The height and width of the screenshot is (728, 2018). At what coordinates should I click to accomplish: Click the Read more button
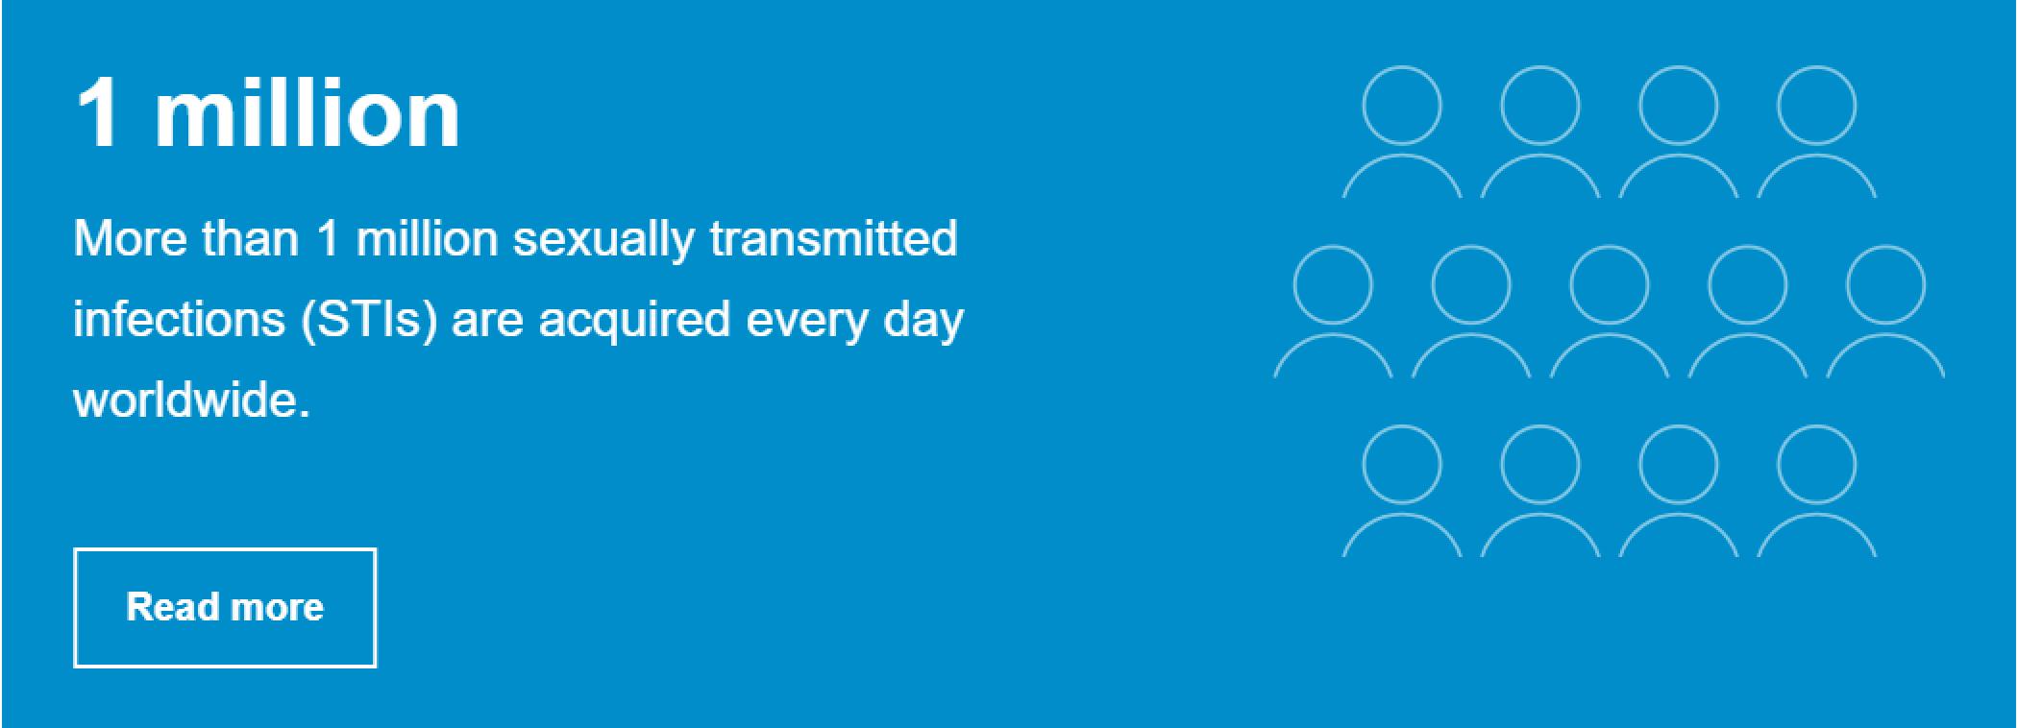click(x=225, y=607)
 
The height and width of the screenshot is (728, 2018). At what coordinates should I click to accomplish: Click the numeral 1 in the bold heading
click(x=101, y=112)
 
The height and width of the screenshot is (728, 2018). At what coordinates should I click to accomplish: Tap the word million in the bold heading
click(x=308, y=112)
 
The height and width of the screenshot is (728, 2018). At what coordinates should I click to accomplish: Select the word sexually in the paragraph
click(x=603, y=239)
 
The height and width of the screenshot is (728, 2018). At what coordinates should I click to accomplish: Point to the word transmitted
click(x=833, y=237)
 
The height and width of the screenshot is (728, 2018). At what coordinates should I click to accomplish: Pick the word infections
click(x=179, y=318)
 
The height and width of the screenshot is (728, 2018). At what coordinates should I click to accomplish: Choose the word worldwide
click(x=192, y=399)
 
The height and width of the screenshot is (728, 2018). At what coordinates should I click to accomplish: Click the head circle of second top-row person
click(x=1540, y=66)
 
